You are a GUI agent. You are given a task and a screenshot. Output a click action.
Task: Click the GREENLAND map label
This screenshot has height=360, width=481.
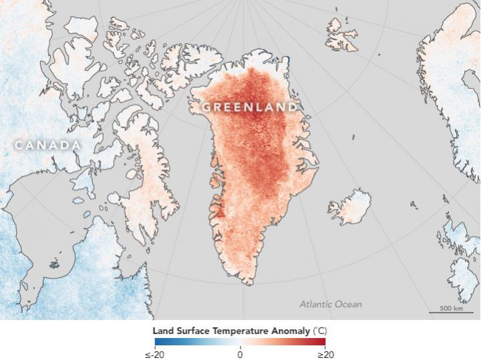pos(250,107)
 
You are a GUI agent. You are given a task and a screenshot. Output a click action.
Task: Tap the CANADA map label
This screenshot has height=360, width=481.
pos(47,145)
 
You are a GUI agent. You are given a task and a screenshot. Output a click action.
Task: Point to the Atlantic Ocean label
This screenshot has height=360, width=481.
pos(330,305)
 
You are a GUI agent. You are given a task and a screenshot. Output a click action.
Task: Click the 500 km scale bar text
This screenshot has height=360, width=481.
pos(452,308)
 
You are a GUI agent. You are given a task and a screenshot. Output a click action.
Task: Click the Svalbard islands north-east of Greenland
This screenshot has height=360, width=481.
pos(342,33)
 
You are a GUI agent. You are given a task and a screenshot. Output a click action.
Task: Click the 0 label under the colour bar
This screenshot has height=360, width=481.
pos(240,354)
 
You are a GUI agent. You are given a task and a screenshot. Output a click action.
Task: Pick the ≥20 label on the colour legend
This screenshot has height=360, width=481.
pos(324,354)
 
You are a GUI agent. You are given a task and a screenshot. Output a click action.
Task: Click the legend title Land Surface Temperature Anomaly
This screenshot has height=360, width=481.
pos(240,331)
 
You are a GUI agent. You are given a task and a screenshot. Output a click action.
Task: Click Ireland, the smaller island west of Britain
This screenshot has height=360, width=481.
pos(450,238)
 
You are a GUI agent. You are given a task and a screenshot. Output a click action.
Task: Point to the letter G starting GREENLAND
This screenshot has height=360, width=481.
pos(207,107)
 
